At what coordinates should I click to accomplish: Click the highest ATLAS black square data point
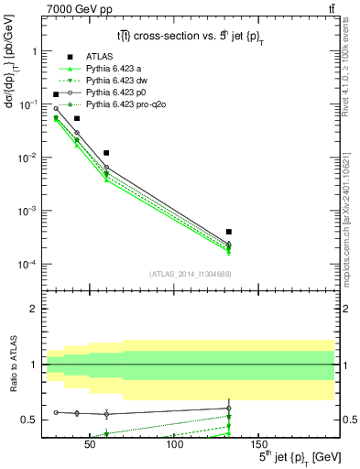pyautogui.click(x=56, y=94)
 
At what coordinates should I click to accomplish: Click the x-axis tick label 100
pyautogui.click(x=174, y=446)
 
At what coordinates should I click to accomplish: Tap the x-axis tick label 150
pyautogui.click(x=258, y=446)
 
